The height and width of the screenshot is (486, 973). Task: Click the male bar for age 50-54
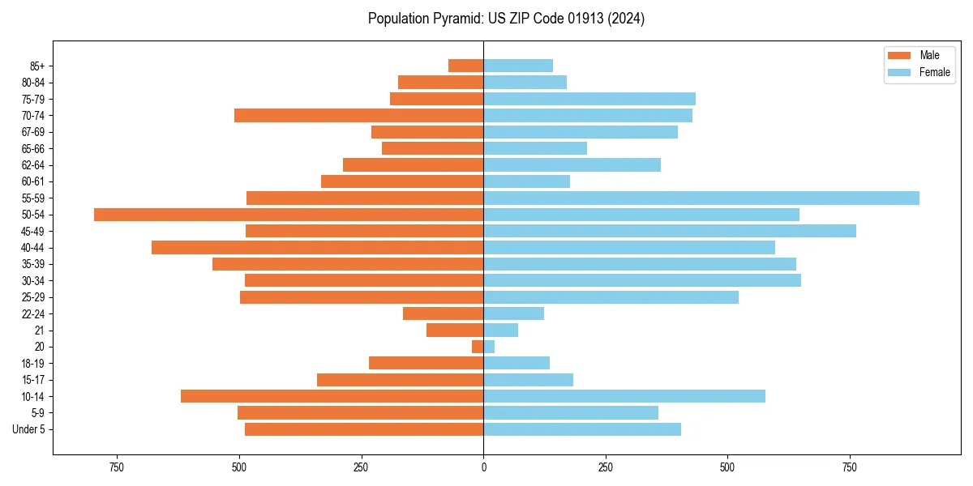click(289, 215)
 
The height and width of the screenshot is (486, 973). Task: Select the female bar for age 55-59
click(701, 198)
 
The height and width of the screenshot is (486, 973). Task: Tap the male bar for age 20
click(478, 347)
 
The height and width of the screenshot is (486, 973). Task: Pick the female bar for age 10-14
click(624, 396)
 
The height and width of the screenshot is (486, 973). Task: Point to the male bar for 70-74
click(358, 116)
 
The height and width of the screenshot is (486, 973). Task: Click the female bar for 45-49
click(670, 231)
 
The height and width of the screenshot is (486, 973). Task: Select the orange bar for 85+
click(466, 66)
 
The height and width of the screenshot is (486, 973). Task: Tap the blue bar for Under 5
click(582, 429)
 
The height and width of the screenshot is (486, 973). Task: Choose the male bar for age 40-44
click(317, 248)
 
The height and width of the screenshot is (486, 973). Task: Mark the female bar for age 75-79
click(589, 99)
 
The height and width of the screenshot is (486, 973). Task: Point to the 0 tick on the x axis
click(483, 468)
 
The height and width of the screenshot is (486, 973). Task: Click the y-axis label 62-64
click(33, 165)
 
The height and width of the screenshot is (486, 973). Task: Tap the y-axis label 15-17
click(33, 380)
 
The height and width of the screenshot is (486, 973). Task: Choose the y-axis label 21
click(40, 330)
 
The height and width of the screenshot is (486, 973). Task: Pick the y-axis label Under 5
click(29, 429)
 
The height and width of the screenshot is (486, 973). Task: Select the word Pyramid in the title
click(456, 19)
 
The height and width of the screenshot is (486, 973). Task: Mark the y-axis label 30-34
click(33, 281)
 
